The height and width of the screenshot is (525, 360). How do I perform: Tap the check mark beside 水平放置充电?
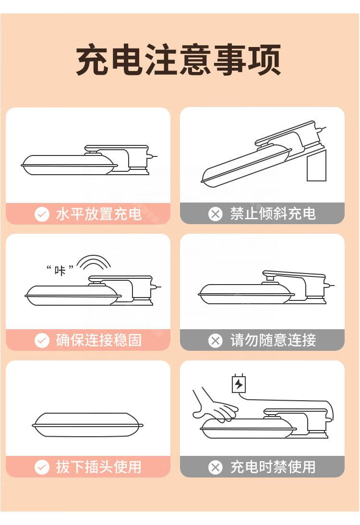[42, 214]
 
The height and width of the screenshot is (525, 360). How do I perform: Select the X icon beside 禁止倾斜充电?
[216, 214]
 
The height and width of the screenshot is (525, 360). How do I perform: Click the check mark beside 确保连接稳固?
[42, 341]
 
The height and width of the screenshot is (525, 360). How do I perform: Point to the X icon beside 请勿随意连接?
[216, 341]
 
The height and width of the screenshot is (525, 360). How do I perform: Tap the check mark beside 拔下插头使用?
[42, 467]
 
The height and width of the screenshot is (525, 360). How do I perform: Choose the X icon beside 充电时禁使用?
[216, 467]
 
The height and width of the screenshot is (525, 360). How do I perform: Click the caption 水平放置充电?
[99, 214]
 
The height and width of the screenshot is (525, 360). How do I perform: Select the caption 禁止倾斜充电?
[273, 214]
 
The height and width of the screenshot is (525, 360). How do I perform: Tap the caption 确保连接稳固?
[99, 341]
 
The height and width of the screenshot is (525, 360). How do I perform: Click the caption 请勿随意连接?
[273, 341]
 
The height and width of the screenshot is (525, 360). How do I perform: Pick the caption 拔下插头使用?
[99, 467]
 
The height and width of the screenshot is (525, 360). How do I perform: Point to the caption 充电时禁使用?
[273, 467]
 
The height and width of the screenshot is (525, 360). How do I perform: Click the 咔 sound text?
[60, 270]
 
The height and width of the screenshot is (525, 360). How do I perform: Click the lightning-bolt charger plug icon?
[239, 384]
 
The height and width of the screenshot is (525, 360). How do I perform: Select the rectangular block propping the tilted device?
[316, 166]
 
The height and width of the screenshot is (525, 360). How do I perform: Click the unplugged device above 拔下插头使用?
[88, 425]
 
